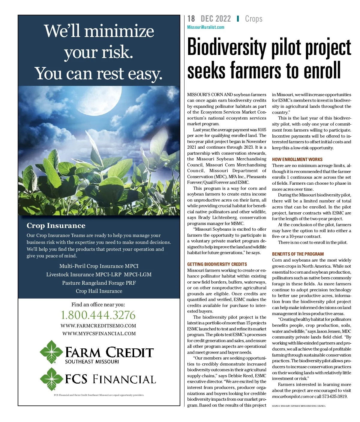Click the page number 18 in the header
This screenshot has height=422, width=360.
[x=191, y=19]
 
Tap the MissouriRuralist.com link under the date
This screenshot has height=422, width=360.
[x=205, y=27]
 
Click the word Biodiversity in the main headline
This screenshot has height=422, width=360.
[x=226, y=47]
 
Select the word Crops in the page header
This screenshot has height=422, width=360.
[x=253, y=19]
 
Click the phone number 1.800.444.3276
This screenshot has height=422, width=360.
[x=98, y=315]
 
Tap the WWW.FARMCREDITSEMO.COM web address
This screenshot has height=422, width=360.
[x=98, y=326]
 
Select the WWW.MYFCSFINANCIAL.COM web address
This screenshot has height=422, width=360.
[x=99, y=334]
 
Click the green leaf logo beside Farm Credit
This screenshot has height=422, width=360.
[x=51, y=352]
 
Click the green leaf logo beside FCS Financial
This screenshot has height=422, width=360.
[x=51, y=378]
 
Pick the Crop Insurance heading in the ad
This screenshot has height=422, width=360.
[x=56, y=226]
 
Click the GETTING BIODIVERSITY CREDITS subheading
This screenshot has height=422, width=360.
[x=217, y=264]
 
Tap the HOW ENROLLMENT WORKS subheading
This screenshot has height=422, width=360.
[x=297, y=159]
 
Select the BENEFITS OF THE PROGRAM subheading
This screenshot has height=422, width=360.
[x=298, y=254]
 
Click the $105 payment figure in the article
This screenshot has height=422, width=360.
[x=262, y=130]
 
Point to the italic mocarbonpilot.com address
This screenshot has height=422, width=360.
[x=290, y=396]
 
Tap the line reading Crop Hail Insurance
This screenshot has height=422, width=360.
[x=99, y=291]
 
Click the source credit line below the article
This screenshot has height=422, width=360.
[x=298, y=406]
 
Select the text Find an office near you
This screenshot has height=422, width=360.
[x=98, y=305]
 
